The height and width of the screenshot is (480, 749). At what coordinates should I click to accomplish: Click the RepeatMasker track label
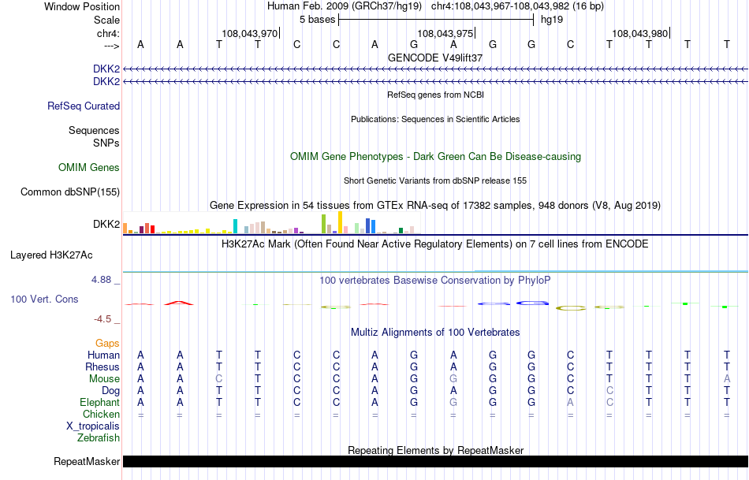[x=87, y=461]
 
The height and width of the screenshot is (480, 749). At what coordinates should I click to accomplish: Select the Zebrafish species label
[x=99, y=437]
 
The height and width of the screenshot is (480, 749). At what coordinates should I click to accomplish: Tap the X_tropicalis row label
[x=93, y=426]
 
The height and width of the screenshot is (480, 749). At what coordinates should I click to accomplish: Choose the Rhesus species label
[x=102, y=367]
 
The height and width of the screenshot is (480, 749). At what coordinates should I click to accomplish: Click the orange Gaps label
[x=107, y=343]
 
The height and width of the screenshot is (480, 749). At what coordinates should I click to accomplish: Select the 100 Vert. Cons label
[x=45, y=300]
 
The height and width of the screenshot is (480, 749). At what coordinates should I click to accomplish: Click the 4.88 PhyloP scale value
[x=104, y=280]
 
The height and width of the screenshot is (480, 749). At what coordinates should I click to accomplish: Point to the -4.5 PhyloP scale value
[x=105, y=319]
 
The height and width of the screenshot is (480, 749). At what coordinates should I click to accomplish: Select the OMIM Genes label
[x=89, y=167]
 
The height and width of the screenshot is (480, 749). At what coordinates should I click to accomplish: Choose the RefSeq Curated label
[x=84, y=106]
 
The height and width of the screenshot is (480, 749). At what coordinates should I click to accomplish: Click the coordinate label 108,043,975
[x=445, y=33]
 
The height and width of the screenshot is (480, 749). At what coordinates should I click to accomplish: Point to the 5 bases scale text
[x=317, y=19]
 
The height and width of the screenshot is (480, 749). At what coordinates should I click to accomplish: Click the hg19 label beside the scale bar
[x=551, y=19]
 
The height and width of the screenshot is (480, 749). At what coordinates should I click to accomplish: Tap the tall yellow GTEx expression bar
[x=340, y=222]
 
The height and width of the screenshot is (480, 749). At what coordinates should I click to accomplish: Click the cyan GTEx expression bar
[x=236, y=226]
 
